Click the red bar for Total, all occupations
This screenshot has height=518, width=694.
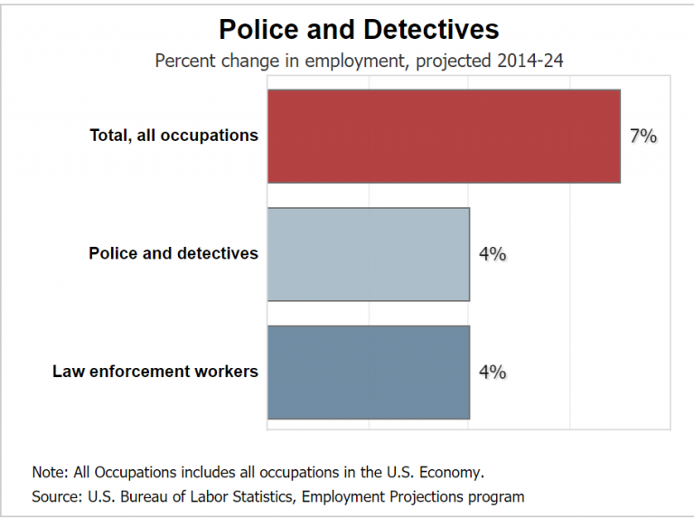click(x=444, y=136)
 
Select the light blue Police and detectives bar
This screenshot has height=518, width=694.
click(x=369, y=254)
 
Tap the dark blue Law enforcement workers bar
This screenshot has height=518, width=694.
click(x=369, y=372)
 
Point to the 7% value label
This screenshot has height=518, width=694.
click(x=643, y=137)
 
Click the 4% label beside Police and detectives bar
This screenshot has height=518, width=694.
click(x=492, y=254)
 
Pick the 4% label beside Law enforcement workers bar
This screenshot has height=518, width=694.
click(x=492, y=372)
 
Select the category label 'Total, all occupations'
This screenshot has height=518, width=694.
click(x=173, y=136)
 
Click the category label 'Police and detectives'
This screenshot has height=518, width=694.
click(x=173, y=253)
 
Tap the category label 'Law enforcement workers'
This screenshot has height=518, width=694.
click(x=155, y=372)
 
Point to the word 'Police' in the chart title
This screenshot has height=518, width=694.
click(x=257, y=29)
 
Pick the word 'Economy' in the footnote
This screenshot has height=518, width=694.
click(x=455, y=472)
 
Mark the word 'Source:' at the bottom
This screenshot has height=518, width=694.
click(x=57, y=496)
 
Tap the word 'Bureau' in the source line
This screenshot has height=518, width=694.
click(x=141, y=496)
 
